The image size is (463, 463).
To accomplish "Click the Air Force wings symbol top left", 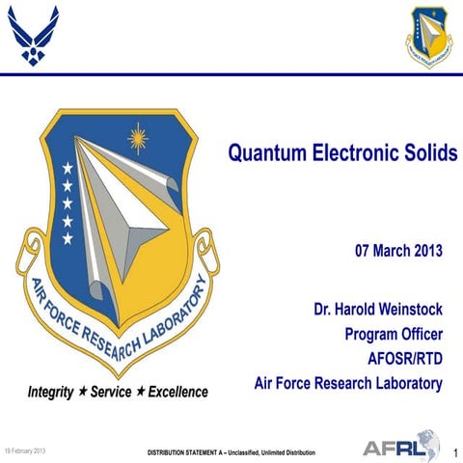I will click(x=35, y=37).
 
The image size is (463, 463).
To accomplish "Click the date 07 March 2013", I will click(x=398, y=252).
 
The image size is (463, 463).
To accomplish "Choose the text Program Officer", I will click(x=394, y=335).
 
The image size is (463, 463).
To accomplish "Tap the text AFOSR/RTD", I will click(x=405, y=359).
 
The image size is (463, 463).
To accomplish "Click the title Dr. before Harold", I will click(x=322, y=312).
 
